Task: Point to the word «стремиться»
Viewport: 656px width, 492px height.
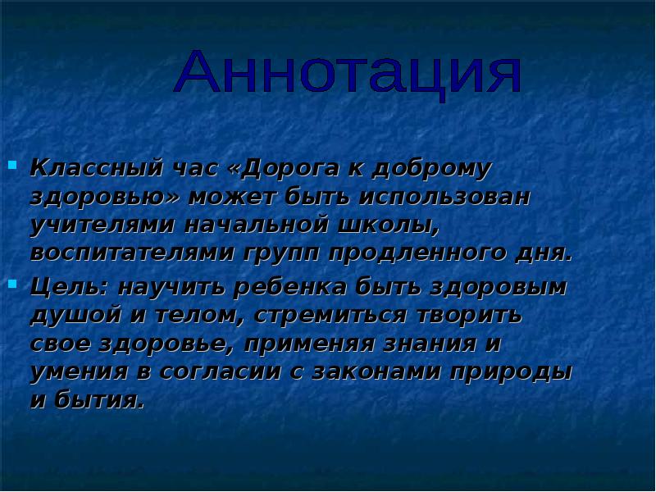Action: [x=315, y=316]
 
